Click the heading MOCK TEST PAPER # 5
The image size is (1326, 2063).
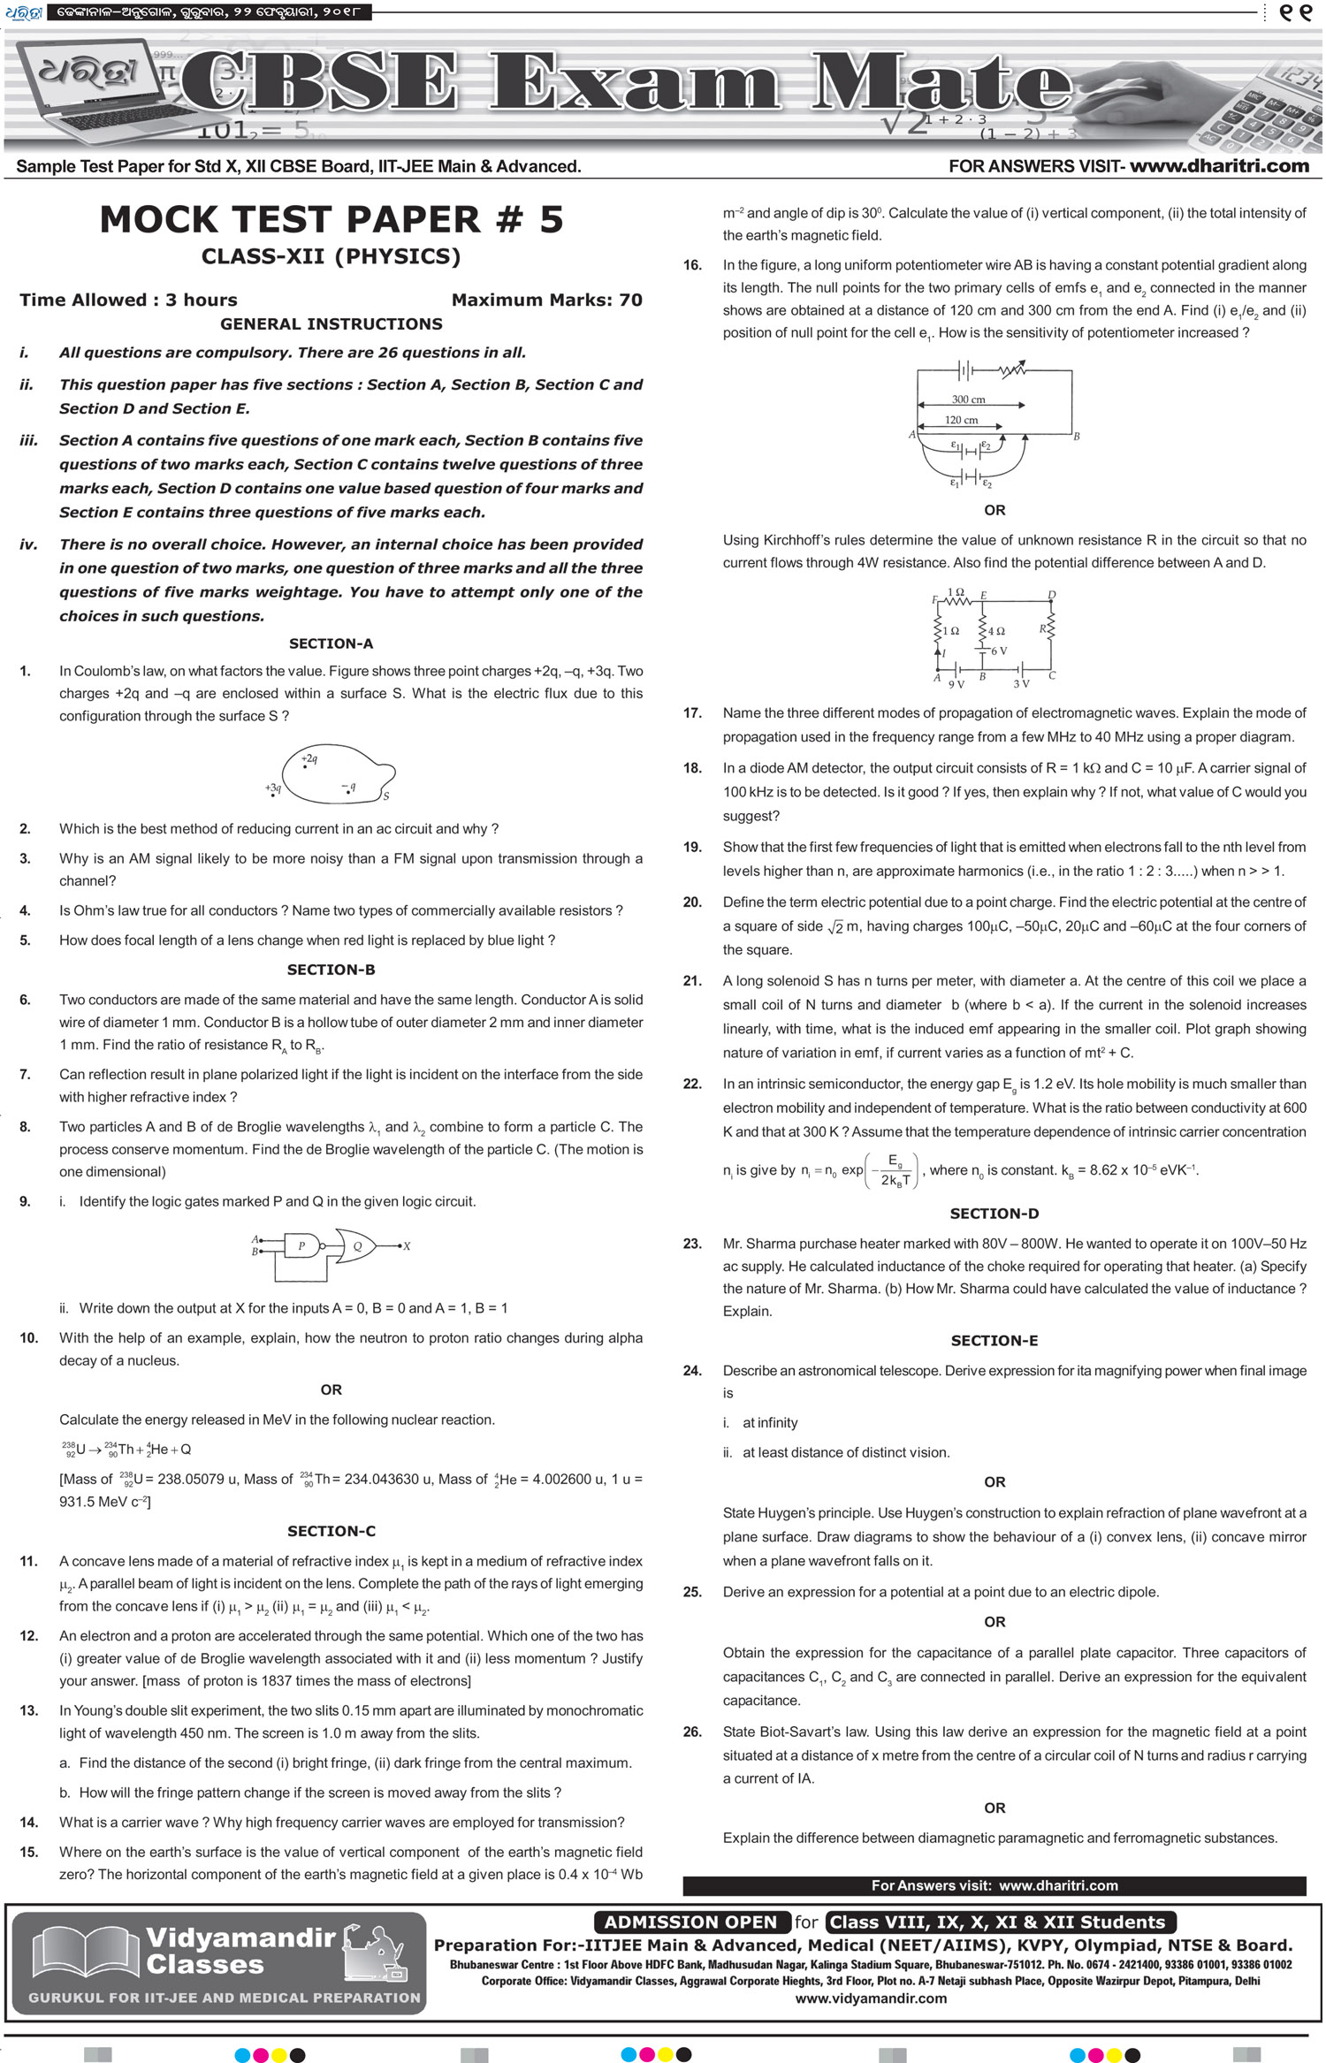tap(331, 220)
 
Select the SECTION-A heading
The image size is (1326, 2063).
tap(331, 643)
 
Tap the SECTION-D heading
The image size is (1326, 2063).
tap(994, 1214)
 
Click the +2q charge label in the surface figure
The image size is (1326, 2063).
tap(309, 758)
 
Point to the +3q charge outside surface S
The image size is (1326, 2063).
tap(273, 788)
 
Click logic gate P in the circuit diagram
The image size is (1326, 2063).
tap(301, 1246)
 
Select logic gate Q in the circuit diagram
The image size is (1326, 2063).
tap(357, 1246)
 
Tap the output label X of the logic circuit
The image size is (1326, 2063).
tap(407, 1246)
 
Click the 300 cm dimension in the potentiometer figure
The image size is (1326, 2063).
tap(968, 400)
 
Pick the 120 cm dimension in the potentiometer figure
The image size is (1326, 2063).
tap(961, 420)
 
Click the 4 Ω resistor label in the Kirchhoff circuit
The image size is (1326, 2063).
tap(996, 631)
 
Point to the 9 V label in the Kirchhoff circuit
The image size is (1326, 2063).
tap(956, 684)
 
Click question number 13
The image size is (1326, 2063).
tap(28, 1710)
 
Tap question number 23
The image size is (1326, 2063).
tap(692, 1244)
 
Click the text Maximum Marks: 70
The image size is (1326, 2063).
tap(546, 300)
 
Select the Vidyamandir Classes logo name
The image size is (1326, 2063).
tap(240, 1951)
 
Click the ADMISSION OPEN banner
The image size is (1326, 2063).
tap(690, 1922)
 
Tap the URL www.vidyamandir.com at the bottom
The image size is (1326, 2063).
tap(871, 1998)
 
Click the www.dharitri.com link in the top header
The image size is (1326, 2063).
tap(1219, 165)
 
